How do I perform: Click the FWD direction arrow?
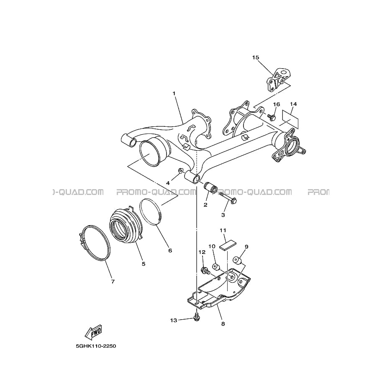93,332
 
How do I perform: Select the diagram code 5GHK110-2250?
96,346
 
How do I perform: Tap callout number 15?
256,57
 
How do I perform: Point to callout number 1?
174,93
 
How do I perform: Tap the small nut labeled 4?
181,170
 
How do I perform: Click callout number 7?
113,282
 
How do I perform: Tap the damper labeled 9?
237,260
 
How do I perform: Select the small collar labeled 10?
215,267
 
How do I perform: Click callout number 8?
223,324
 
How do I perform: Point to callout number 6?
170,251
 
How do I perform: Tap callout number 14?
293,104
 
